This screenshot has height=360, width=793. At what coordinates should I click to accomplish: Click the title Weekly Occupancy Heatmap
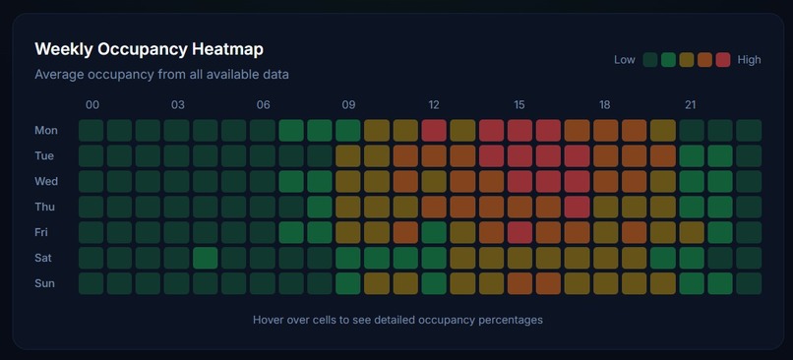pyautogui.click(x=149, y=48)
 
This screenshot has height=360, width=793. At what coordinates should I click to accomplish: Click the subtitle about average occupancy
pyautogui.click(x=161, y=74)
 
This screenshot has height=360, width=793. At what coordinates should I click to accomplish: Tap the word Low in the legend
pyautogui.click(x=624, y=60)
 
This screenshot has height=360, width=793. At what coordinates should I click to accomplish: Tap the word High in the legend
pyautogui.click(x=749, y=60)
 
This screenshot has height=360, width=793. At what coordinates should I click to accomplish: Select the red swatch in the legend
pyautogui.click(x=723, y=60)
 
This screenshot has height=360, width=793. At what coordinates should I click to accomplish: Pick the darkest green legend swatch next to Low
pyautogui.click(x=650, y=60)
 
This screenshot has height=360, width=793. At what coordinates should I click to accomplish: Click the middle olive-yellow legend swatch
pyautogui.click(x=687, y=60)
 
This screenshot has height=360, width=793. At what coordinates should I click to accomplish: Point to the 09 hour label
pyautogui.click(x=348, y=105)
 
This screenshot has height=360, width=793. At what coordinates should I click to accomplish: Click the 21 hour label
pyautogui.click(x=691, y=105)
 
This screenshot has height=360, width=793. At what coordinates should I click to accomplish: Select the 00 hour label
pyautogui.click(x=91, y=105)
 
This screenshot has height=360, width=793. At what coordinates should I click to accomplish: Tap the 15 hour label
pyautogui.click(x=519, y=105)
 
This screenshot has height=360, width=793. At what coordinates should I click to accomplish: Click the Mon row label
pyautogui.click(x=46, y=130)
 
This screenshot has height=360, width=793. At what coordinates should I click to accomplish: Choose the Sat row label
pyautogui.click(x=45, y=258)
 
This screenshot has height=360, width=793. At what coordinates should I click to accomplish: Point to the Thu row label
pyautogui.click(x=45, y=207)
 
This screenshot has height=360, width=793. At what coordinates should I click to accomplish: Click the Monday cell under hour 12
pyautogui.click(x=434, y=130)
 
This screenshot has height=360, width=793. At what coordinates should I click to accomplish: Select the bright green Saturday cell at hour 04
pyautogui.click(x=206, y=258)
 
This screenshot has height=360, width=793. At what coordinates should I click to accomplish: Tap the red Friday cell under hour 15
pyautogui.click(x=519, y=232)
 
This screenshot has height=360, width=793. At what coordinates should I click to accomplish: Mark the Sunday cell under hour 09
pyautogui.click(x=348, y=283)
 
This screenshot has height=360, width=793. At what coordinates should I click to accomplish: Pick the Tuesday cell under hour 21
pyautogui.click(x=691, y=155)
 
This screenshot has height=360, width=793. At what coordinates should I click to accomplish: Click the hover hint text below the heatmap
pyautogui.click(x=397, y=320)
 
